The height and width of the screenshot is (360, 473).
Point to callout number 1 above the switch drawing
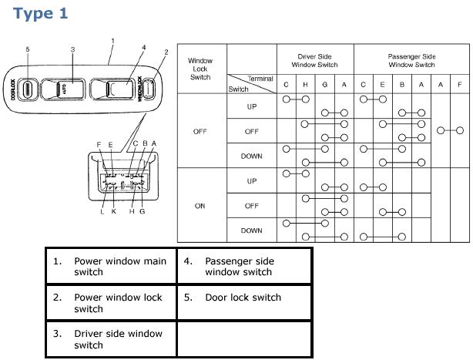[112, 40]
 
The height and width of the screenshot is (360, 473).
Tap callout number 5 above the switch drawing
[28, 50]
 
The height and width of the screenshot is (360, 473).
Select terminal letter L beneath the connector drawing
[102, 211]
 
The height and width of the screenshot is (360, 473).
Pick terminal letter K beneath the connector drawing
[113, 211]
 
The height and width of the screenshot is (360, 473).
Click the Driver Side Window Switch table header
[315, 60]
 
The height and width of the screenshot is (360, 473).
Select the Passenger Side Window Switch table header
[411, 60]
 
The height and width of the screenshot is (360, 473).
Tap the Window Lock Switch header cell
[200, 69]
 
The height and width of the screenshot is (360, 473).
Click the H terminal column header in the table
[306, 85]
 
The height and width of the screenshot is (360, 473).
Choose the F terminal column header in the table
[460, 85]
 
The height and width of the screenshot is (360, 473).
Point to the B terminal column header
[402, 85]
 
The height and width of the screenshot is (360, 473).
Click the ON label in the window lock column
[200, 206]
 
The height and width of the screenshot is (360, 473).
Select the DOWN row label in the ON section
[252, 230]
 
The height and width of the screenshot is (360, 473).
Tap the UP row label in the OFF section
[252, 106]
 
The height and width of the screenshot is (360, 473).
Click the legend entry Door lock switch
[243, 298]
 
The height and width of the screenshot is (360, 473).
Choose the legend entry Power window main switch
[119, 267]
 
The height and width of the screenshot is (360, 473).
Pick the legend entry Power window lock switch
[119, 303]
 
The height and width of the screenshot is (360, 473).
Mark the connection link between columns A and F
[450, 131]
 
